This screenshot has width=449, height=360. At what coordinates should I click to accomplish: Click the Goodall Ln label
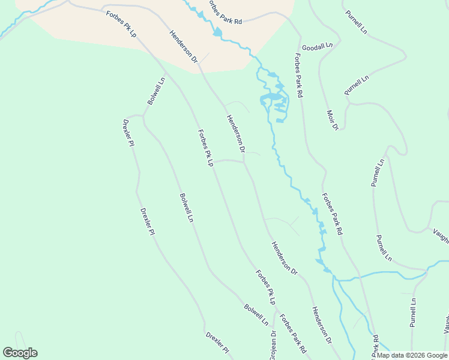(x=321, y=46)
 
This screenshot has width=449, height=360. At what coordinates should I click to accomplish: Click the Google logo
(x=20, y=353)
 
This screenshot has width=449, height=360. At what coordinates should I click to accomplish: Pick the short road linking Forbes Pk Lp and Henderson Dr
(x=229, y=160)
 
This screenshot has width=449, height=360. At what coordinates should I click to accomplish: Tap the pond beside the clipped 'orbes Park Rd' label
(x=217, y=32)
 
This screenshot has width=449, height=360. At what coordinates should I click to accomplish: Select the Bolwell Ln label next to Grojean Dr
(x=256, y=315)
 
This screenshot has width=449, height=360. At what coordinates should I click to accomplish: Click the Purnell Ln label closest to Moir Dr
(x=356, y=86)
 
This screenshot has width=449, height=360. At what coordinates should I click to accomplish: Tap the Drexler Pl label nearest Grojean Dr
(x=217, y=342)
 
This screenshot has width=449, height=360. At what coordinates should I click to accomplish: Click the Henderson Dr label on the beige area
(x=183, y=46)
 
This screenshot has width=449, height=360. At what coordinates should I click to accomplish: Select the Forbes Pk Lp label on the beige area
(x=122, y=25)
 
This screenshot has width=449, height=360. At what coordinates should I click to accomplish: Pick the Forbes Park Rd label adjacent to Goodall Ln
(x=298, y=76)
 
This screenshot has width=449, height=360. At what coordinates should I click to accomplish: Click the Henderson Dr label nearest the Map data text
(x=322, y=325)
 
